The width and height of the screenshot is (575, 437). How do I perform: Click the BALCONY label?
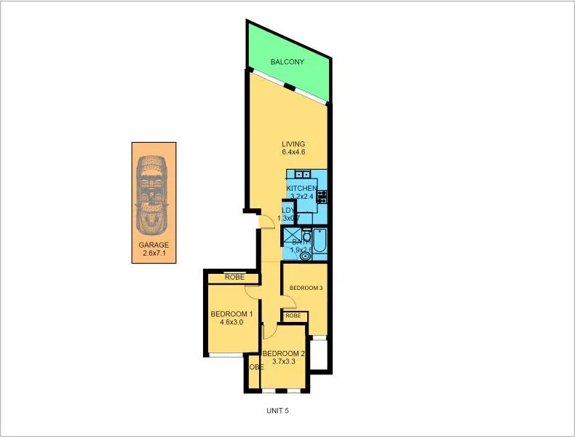pos(287,63)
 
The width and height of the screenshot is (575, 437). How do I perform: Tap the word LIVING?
pos(293,143)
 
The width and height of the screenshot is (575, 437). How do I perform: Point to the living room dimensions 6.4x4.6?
pos(293,152)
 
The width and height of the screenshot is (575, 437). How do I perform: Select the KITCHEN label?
pos(301,189)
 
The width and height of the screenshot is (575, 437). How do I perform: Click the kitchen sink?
pos(304,174)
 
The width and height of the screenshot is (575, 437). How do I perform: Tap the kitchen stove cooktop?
pos(321,196)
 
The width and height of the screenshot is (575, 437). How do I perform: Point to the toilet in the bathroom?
pos(306,237)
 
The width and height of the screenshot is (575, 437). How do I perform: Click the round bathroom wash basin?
pos(304,256)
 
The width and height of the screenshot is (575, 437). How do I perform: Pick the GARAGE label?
pos(153,245)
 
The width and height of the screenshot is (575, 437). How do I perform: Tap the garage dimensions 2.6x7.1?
pos(153,254)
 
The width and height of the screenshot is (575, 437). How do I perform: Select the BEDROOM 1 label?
pos(231,315)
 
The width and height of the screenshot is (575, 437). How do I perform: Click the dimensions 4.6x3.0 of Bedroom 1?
pos(231,323)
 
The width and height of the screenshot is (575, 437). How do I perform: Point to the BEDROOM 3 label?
pos(306,288)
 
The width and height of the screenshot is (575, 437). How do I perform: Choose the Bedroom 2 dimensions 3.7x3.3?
pos(289,362)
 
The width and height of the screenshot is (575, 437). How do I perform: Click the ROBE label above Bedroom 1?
pos(234,277)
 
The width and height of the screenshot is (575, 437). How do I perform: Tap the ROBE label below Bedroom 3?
pos(293,316)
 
